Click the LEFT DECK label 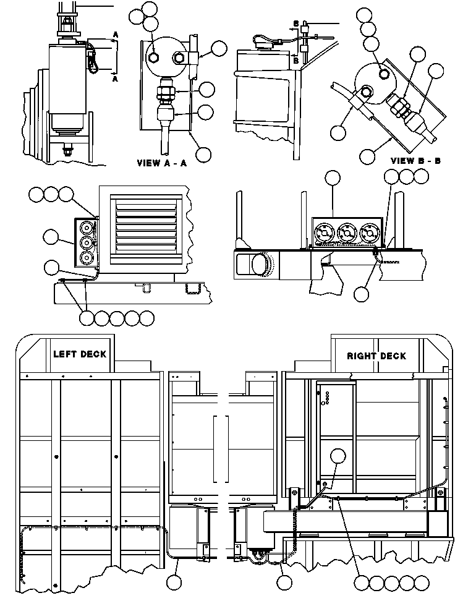coord(80,354)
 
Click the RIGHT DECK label coord(376,356)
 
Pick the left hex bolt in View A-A coord(154,58)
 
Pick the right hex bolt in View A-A coord(180,58)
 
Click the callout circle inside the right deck coord(339,457)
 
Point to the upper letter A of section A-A coord(115,35)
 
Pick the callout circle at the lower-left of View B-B coord(338,132)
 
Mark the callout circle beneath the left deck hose coord(176,581)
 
